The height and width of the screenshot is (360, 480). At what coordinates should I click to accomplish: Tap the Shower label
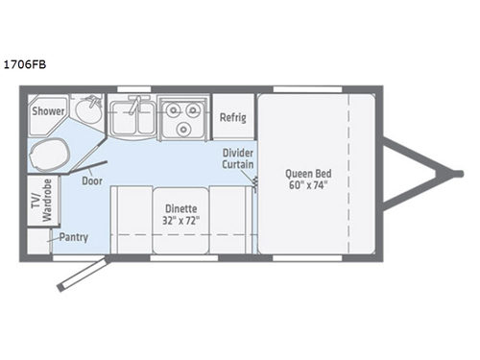48,111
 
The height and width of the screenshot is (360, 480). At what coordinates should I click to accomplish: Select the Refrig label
232,117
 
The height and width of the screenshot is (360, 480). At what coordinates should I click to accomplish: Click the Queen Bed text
307,174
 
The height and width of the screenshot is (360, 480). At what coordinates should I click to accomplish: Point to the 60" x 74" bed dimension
307,185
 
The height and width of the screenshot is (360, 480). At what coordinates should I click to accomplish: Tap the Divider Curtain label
237,159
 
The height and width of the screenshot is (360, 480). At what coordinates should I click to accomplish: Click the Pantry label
74,236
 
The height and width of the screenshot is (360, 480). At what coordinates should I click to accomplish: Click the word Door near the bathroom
92,180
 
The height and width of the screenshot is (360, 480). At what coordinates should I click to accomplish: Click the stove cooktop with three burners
181,120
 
